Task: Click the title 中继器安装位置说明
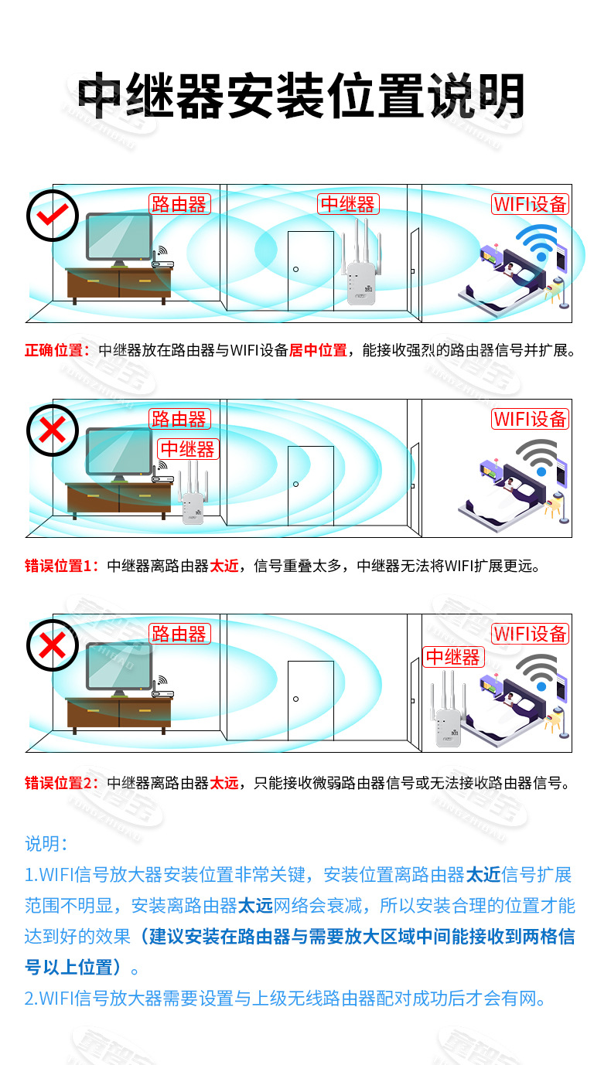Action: [302, 97]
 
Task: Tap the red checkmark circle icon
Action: [53, 215]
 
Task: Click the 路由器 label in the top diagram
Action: [179, 204]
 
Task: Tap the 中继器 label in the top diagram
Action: [348, 204]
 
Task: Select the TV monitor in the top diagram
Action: [119, 238]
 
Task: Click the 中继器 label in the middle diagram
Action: [188, 449]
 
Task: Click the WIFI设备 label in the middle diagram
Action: [531, 419]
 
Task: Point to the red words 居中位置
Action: [318, 350]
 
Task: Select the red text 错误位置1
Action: [58, 565]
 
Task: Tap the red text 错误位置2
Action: [58, 783]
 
